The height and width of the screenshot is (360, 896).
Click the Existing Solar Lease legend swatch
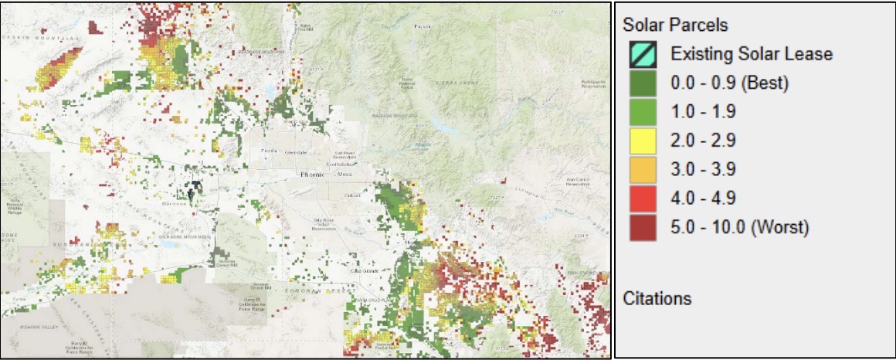[643, 54]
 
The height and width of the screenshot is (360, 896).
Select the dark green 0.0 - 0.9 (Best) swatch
[643, 83]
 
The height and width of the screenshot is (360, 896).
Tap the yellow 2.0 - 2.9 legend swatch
[643, 141]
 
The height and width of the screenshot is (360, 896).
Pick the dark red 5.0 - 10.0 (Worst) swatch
[643, 227]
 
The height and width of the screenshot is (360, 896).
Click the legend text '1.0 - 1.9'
[703, 112]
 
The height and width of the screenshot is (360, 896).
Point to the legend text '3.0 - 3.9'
[703, 170]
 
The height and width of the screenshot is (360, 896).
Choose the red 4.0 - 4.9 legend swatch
[643, 199]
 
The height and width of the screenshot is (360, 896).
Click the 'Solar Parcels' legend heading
[675, 25]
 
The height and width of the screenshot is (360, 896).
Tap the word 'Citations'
[657, 298]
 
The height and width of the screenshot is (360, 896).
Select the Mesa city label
[344, 175]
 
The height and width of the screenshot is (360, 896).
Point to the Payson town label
[421, 27]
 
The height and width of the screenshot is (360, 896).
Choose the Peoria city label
[270, 151]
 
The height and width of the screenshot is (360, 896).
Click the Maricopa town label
[178, 205]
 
